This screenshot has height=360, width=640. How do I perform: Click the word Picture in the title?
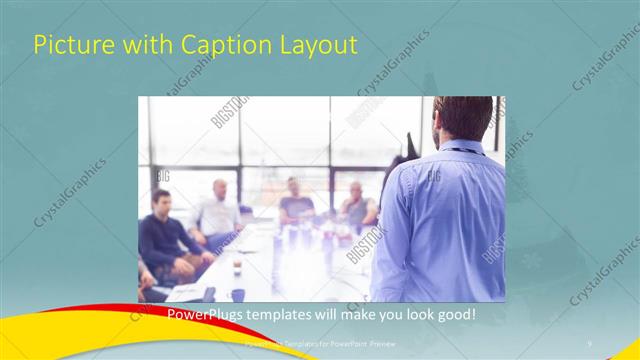[68, 46]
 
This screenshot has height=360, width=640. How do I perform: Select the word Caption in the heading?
[214, 46]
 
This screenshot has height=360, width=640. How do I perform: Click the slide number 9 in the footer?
[590, 341]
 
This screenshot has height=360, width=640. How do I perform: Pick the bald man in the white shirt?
[218, 210]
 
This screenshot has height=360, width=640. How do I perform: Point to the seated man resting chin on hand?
[355, 205]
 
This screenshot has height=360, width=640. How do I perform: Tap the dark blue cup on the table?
[237, 294]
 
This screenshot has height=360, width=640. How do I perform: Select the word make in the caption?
[340, 314]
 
